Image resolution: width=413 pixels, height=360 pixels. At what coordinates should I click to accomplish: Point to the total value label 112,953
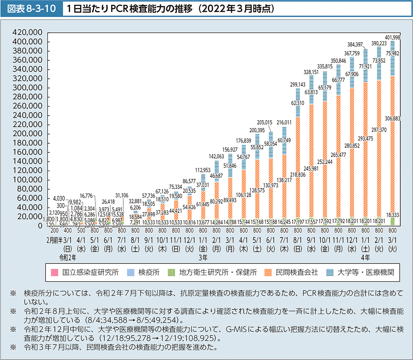point(203,169)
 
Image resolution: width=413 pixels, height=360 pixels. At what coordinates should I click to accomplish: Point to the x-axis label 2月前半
point(53,239)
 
